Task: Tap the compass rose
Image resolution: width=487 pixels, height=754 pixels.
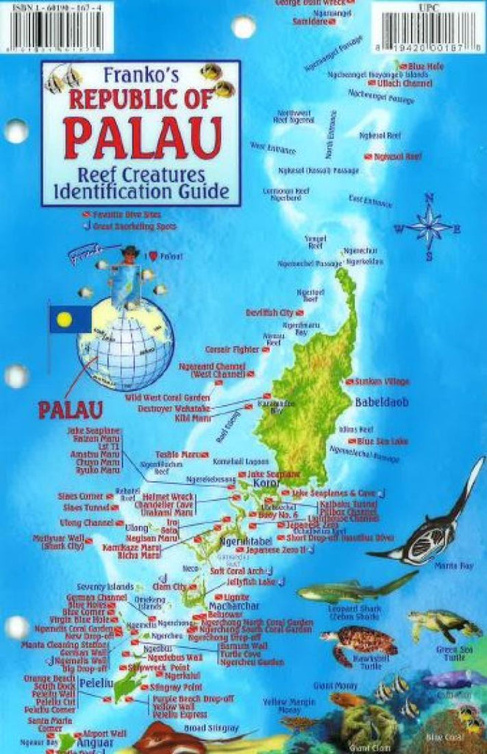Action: pyautogui.click(x=429, y=226)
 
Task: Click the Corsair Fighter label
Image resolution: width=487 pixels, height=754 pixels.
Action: pyautogui.click(x=232, y=349)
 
